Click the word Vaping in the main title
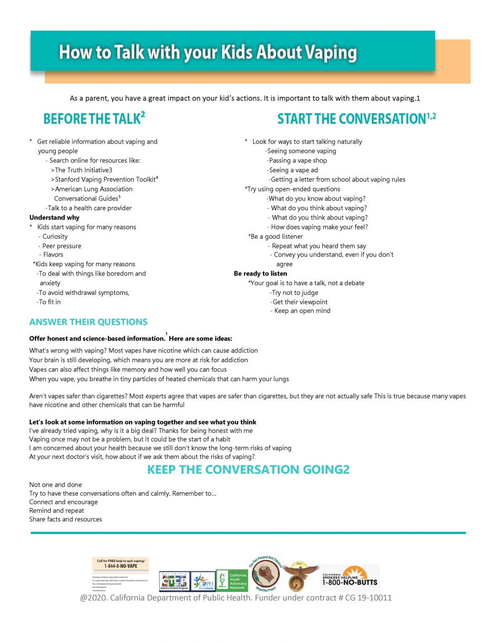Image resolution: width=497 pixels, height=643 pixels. [330, 53]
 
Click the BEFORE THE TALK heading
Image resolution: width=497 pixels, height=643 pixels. [93, 119]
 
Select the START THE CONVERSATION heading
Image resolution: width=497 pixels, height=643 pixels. [356, 119]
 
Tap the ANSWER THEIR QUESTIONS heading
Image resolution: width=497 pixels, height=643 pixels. [88, 322]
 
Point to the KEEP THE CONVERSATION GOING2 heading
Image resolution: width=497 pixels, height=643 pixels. [248, 470]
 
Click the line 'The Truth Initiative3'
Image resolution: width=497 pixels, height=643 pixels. [83, 170]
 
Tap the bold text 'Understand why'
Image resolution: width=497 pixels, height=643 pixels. [54, 217]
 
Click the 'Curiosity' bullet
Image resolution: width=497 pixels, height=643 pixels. [55, 236]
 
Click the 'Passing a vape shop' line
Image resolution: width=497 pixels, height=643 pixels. [297, 160]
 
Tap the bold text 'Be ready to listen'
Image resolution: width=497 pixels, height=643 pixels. [260, 274]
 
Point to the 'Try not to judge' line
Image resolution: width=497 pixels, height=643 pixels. [295, 292]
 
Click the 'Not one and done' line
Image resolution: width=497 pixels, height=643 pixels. [56, 485]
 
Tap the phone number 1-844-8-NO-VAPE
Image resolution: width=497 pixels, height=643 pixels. [121, 566]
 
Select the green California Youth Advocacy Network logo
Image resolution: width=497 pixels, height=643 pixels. [232, 580]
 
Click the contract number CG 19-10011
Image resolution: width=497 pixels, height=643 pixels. [368, 598]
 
